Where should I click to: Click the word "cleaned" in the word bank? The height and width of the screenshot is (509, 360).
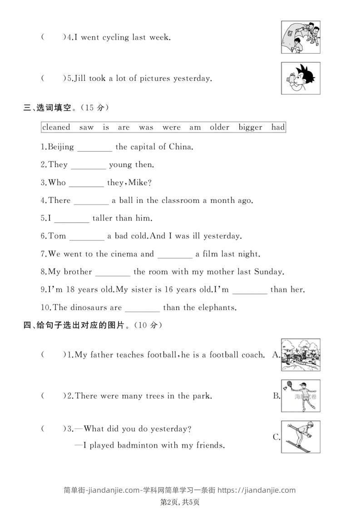[56, 127]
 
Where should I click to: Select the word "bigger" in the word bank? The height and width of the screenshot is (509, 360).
[251, 127]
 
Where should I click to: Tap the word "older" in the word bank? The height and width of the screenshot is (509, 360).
[219, 127]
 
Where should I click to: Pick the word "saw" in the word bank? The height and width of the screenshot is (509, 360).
[86, 127]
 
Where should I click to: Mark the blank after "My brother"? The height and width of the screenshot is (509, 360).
[113, 273]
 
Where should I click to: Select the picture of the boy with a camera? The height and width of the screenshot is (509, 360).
[300, 78]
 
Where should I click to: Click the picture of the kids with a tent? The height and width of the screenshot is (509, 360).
[300, 37]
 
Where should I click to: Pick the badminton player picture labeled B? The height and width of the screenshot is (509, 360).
[300, 396]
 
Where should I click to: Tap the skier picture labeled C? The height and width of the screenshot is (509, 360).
[300, 436]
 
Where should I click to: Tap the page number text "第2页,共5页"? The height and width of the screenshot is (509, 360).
[180, 501]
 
